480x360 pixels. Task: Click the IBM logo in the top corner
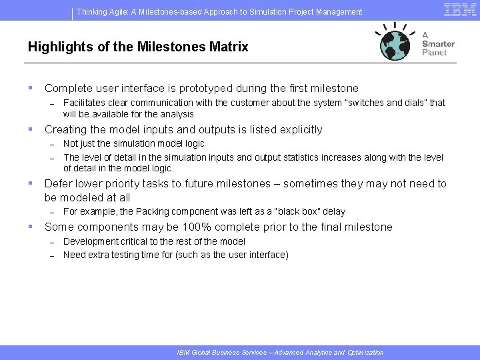pos(460,9)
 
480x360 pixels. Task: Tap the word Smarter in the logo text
pos(438,44)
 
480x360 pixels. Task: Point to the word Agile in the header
pos(124,11)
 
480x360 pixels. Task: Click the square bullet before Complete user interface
pos(30,88)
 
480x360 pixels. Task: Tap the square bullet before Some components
pos(30,227)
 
